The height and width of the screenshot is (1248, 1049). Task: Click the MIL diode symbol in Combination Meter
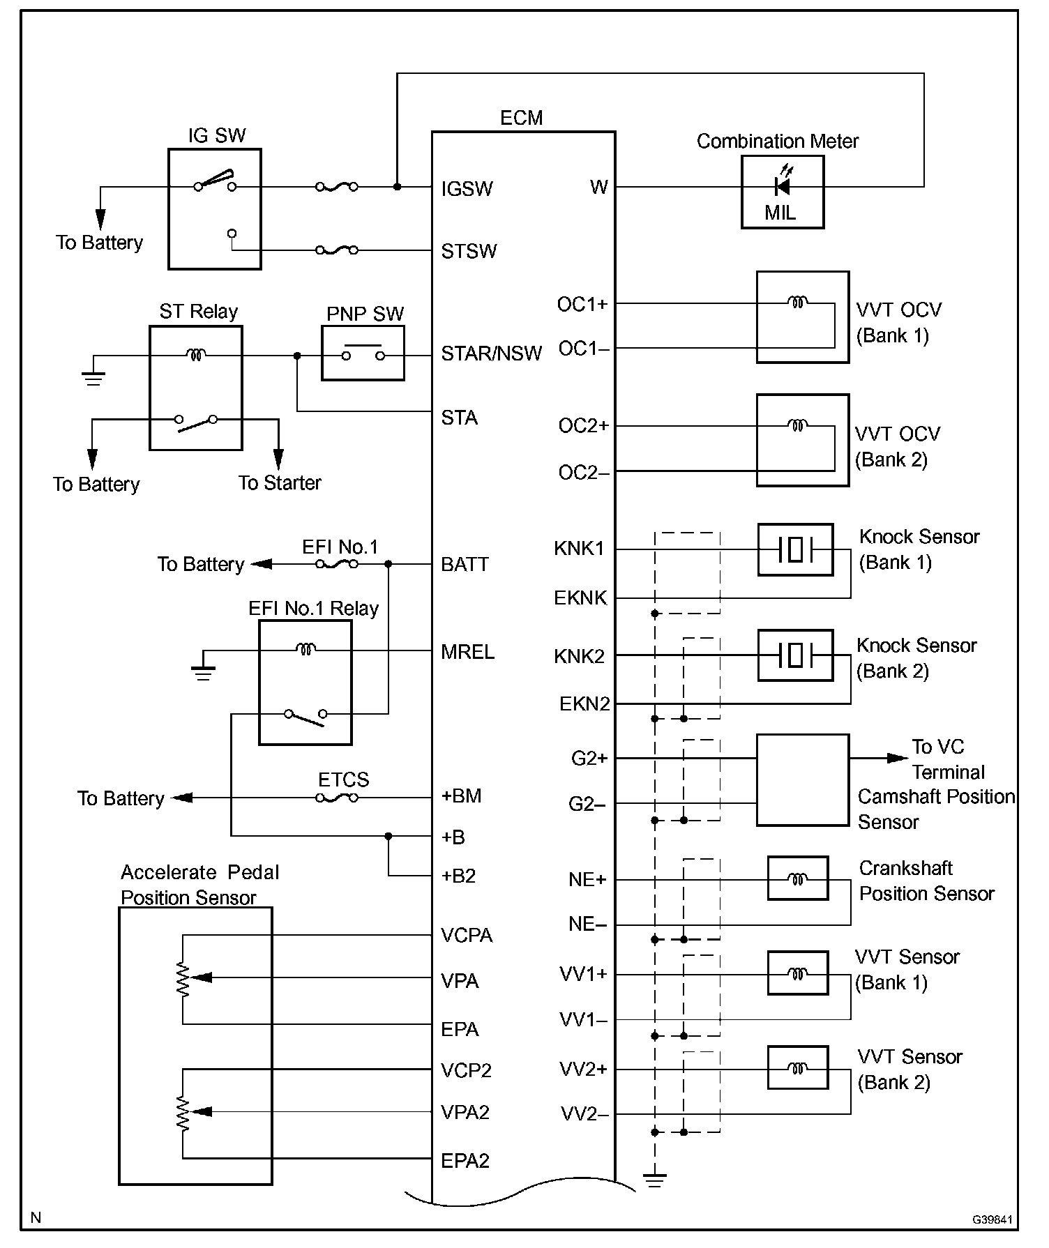[782, 187]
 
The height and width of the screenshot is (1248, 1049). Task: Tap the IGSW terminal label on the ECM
[467, 189]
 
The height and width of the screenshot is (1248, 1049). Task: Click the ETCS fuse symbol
[337, 798]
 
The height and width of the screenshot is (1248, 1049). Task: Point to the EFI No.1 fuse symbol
[337, 564]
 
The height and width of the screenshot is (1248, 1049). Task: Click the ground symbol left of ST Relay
[93, 378]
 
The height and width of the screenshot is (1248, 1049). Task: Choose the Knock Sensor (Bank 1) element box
[795, 549]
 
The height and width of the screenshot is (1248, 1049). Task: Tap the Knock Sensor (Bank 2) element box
[795, 655]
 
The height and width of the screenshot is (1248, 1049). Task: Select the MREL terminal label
[467, 653]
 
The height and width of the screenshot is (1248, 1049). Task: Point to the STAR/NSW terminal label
[491, 354]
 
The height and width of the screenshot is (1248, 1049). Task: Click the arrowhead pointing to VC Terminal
[897, 758]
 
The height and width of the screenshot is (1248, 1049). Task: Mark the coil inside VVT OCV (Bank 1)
[797, 302]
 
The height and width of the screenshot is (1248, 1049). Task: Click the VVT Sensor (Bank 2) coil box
[798, 1067]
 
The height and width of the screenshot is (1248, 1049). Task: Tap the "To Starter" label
[280, 483]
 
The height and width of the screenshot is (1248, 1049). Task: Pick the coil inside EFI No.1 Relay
[305, 649]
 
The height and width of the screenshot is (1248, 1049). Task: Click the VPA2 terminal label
[465, 1113]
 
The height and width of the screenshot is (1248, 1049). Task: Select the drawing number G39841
[992, 1219]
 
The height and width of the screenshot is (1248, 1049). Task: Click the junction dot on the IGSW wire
[397, 187]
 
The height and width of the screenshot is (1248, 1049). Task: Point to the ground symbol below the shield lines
[654, 1180]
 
